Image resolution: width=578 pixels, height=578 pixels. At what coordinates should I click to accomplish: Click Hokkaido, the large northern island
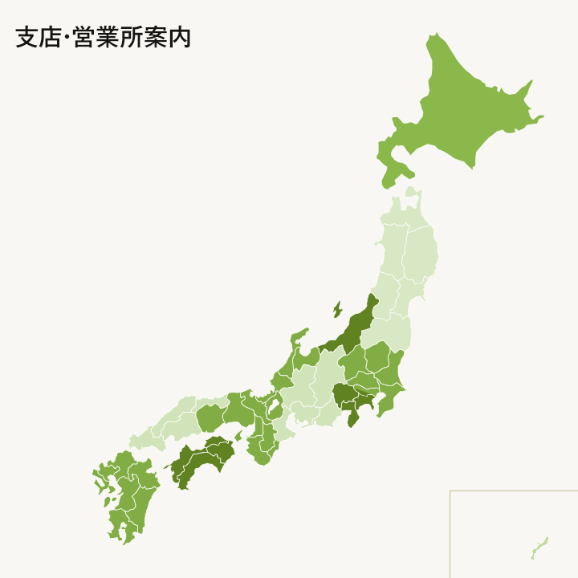466,104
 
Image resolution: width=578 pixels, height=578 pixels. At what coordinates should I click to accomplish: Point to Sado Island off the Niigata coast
337,309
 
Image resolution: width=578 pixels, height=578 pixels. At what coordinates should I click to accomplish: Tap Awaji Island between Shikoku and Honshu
238,435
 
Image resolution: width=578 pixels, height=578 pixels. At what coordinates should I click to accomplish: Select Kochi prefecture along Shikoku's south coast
193,466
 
